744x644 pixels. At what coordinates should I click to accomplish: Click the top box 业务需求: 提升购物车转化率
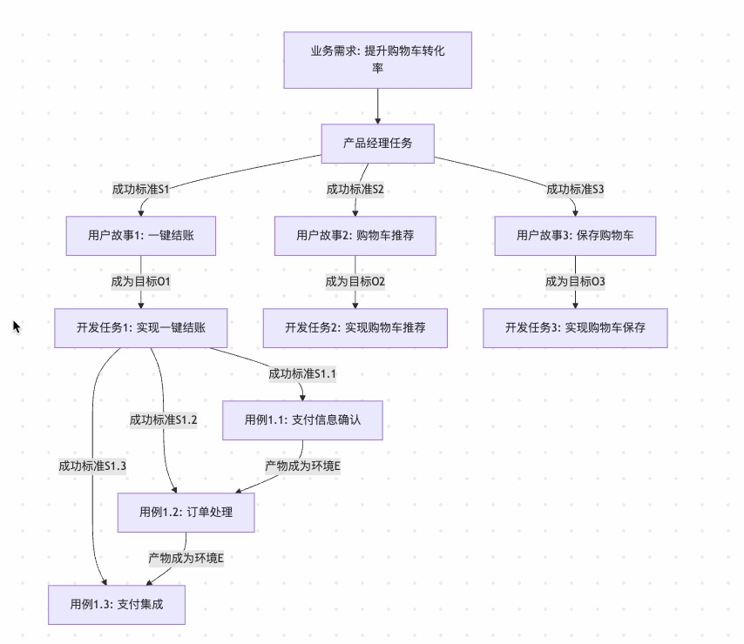pyautogui.click(x=377, y=60)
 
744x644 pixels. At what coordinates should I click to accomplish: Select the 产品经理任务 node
pyautogui.click(x=377, y=144)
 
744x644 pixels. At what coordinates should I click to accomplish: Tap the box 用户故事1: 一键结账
pyautogui.click(x=141, y=235)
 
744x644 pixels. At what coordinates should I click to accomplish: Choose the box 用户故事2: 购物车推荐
pyautogui.click(x=355, y=235)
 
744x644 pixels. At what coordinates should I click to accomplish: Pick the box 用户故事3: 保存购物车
pyautogui.click(x=575, y=235)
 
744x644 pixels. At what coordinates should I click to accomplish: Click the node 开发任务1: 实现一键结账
pyautogui.click(x=141, y=328)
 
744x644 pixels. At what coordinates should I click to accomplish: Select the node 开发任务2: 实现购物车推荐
pyautogui.click(x=355, y=328)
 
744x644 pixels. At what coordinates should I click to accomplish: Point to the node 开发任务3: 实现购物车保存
pyautogui.click(x=575, y=328)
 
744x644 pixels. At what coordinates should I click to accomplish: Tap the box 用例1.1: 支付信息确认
pyautogui.click(x=302, y=419)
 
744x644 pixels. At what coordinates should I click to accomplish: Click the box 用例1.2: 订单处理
pyautogui.click(x=186, y=512)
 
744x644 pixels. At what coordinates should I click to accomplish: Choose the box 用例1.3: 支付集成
pyautogui.click(x=117, y=604)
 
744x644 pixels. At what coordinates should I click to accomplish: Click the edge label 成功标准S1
pyautogui.click(x=140, y=189)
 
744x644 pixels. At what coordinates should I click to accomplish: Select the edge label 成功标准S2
pyautogui.click(x=355, y=189)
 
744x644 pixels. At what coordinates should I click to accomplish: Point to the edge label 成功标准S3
pyautogui.click(x=575, y=189)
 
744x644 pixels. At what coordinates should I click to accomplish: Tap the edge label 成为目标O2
pyautogui.click(x=355, y=281)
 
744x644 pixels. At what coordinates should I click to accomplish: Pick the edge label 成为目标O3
pyautogui.click(x=575, y=281)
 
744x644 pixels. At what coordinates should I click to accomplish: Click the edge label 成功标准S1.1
pyautogui.click(x=302, y=373)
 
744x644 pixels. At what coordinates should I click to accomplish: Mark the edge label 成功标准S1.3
pyautogui.click(x=92, y=466)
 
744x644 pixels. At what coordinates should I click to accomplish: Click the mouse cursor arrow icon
pyautogui.click(x=16, y=326)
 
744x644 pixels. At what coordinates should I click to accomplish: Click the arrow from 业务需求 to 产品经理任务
pyautogui.click(x=378, y=106)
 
